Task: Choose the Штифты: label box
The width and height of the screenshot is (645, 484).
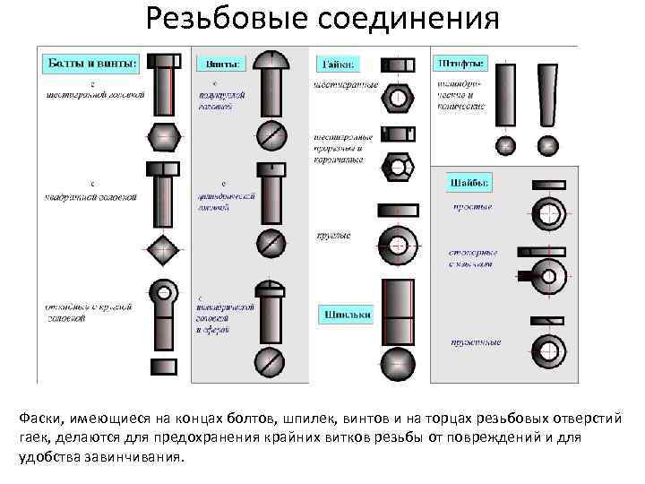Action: tap(461, 64)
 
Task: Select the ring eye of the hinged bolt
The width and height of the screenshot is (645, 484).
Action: tap(163, 291)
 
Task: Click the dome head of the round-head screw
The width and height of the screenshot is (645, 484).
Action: tap(271, 60)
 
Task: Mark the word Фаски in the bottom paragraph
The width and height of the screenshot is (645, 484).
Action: tap(39, 419)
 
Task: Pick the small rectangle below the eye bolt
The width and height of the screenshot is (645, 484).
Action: tap(163, 365)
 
